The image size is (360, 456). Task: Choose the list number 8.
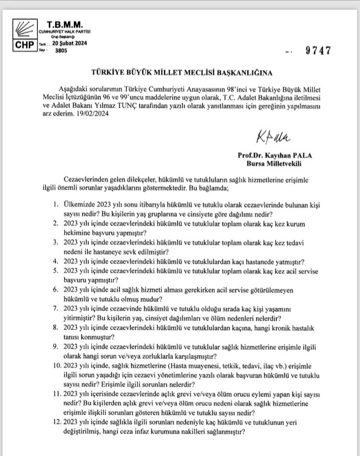point(56,328)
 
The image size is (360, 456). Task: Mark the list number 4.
point(56,262)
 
